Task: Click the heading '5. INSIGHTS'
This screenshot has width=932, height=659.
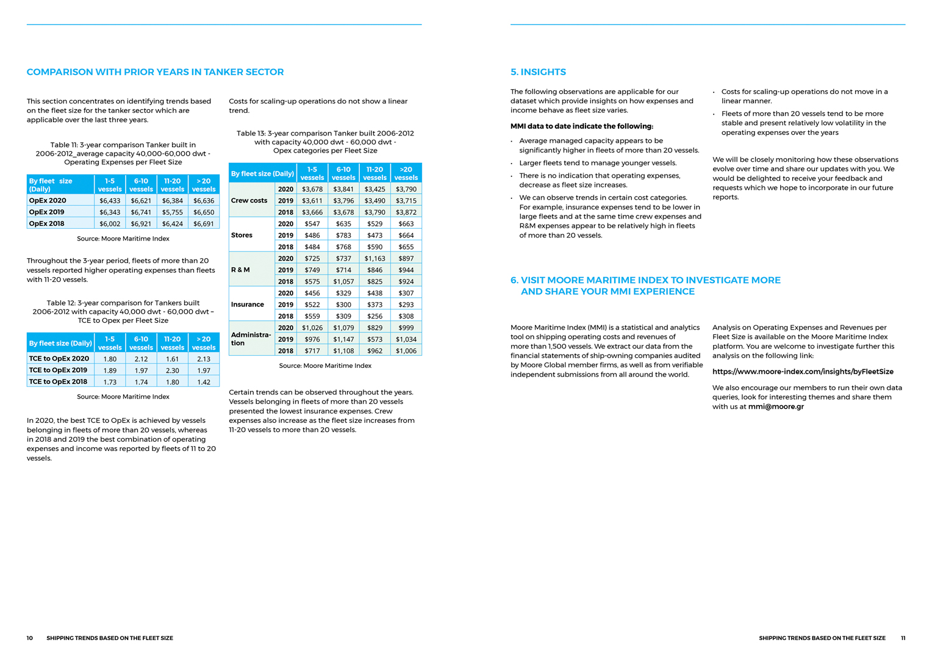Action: coord(538,72)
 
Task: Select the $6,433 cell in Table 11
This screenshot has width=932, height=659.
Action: coord(110,201)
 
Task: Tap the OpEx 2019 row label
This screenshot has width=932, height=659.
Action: coord(47,212)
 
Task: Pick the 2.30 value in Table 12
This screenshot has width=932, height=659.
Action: coord(173,370)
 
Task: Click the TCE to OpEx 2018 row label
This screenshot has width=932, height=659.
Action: coord(59,382)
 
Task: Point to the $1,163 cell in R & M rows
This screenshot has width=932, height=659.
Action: coord(375,259)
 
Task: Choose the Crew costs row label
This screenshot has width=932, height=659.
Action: coord(249,200)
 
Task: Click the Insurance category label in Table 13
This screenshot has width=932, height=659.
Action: coord(247,304)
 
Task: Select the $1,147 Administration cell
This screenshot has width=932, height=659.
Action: coord(343,339)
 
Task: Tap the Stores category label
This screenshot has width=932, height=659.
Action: coord(242,235)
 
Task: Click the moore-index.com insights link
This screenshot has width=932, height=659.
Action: coord(803,372)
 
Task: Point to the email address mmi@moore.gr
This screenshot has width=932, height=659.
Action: coord(776,406)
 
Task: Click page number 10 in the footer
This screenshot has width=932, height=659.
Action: coord(30,638)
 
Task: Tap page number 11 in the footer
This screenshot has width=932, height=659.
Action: coord(903,638)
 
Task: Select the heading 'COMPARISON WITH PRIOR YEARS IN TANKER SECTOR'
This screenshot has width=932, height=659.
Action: coord(155,72)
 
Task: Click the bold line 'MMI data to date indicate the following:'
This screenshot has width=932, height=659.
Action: coord(581,126)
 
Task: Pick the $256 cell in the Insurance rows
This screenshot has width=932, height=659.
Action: coord(375,316)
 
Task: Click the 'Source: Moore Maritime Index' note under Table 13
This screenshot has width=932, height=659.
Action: coord(325,366)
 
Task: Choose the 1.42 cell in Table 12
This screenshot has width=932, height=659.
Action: coord(204,382)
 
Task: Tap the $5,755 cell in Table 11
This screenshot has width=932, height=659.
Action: coord(173,212)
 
